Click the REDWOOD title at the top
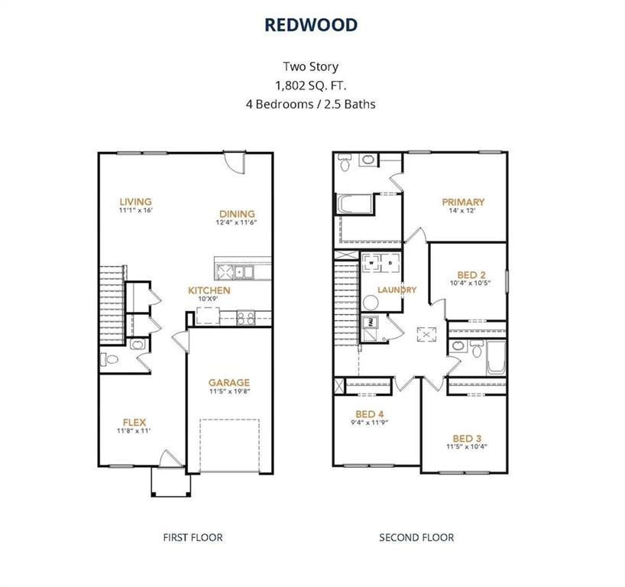pyautogui.click(x=311, y=24)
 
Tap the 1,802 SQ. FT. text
pyautogui.click(x=311, y=85)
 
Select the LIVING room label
pyautogui.click(x=134, y=202)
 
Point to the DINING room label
pyautogui.click(x=236, y=214)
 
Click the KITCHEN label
pyautogui.click(x=209, y=290)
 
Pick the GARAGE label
pyautogui.click(x=229, y=383)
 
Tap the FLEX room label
pyautogui.click(x=134, y=422)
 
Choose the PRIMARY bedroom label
pyautogui.click(x=463, y=202)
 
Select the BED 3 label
pyautogui.click(x=466, y=438)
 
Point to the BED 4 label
pyautogui.click(x=370, y=413)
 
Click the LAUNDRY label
pyautogui.click(x=397, y=290)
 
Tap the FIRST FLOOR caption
pyautogui.click(x=193, y=537)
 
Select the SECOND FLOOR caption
pyautogui.click(x=416, y=537)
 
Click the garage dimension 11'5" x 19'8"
pyautogui.click(x=229, y=391)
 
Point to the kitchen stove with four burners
pyautogui.click(x=246, y=315)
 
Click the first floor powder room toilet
pyautogui.click(x=108, y=358)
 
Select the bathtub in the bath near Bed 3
pyautogui.click(x=496, y=358)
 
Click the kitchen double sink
pyautogui.click(x=243, y=271)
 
